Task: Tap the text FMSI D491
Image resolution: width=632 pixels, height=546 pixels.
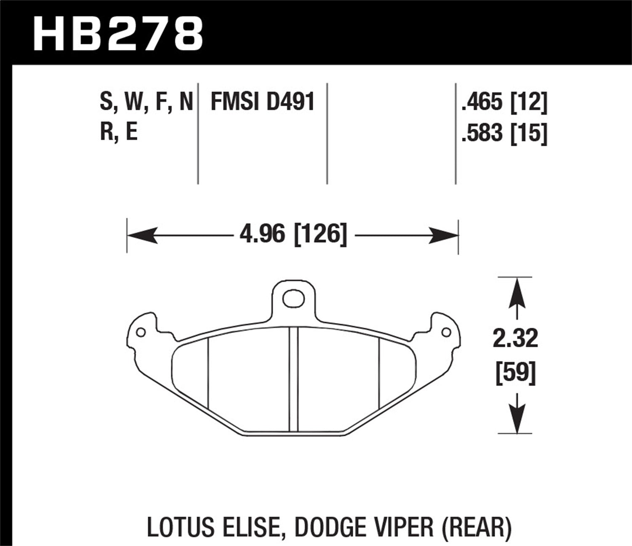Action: pos(262,102)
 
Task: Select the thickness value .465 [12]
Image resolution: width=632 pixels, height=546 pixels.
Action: pos(504,102)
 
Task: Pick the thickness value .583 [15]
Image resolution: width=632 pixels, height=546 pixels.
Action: pos(504,134)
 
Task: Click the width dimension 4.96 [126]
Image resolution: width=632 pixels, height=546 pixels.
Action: pos(293,234)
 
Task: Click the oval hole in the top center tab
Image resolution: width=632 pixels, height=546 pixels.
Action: pos(293,299)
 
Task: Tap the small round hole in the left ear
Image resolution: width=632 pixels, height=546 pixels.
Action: pos(141,332)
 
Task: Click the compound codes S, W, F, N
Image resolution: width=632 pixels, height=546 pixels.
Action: pos(146,102)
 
